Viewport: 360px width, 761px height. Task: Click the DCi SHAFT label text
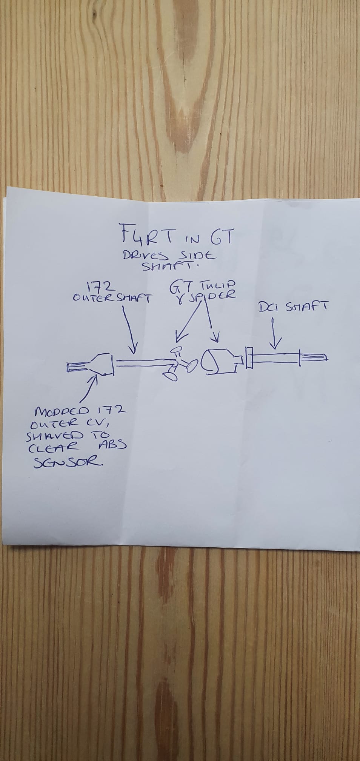tap(293, 308)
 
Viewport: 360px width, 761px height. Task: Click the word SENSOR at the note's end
tap(68, 462)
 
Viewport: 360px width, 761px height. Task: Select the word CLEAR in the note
tap(55, 448)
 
